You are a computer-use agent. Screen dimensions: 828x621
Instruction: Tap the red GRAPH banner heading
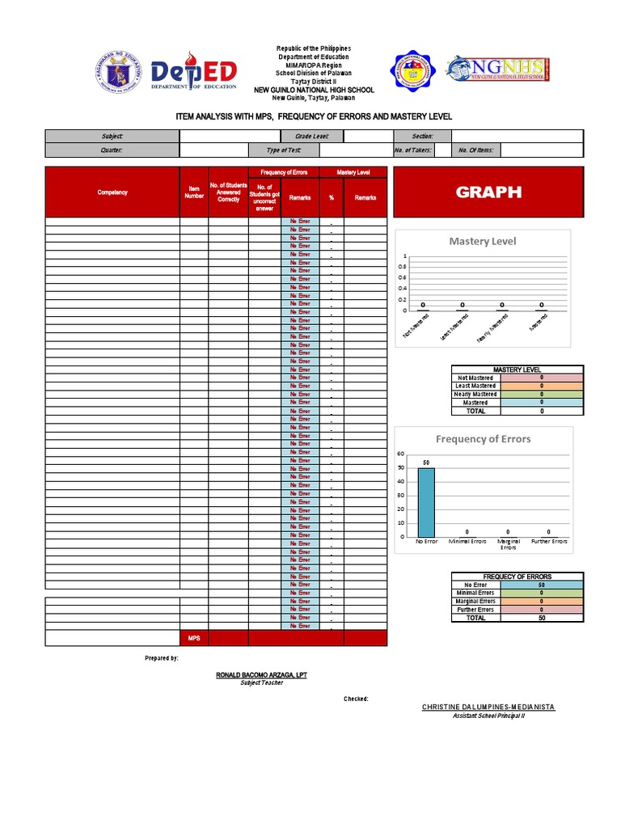(488, 192)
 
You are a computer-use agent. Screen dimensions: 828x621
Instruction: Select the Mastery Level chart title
(482, 241)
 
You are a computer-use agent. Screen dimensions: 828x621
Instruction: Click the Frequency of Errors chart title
(483, 439)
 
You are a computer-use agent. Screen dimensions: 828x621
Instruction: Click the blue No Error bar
(425, 501)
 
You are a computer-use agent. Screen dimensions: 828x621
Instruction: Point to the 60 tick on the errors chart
(400, 454)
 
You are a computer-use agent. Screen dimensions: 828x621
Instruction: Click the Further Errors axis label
(548, 541)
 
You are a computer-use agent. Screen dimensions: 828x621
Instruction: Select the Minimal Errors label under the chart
(467, 541)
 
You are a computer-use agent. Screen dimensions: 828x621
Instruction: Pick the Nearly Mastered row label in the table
(475, 394)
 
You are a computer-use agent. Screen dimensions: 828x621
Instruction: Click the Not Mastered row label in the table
(475, 378)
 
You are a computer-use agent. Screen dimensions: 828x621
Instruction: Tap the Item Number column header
(194, 192)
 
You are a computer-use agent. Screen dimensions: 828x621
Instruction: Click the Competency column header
(112, 192)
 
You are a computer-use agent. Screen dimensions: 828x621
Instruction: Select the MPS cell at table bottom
(194, 638)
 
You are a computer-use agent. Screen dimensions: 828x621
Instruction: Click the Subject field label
(112, 137)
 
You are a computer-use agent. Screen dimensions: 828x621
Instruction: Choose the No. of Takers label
(413, 150)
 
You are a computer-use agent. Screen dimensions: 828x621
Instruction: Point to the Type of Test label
(284, 150)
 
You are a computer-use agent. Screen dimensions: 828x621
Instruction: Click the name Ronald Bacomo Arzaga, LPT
(261, 674)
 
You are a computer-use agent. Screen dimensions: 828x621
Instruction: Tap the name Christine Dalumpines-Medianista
(488, 707)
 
